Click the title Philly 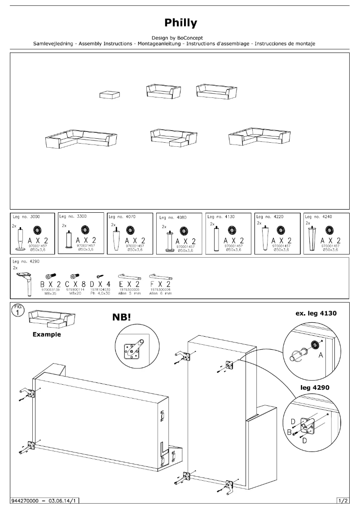[x=180, y=23]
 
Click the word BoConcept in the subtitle [x=190, y=38]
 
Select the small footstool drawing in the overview [x=110, y=94]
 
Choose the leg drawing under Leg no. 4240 [x=312, y=237]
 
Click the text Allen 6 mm [x=159, y=293]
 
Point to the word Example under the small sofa [x=47, y=334]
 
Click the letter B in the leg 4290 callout [x=290, y=432]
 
